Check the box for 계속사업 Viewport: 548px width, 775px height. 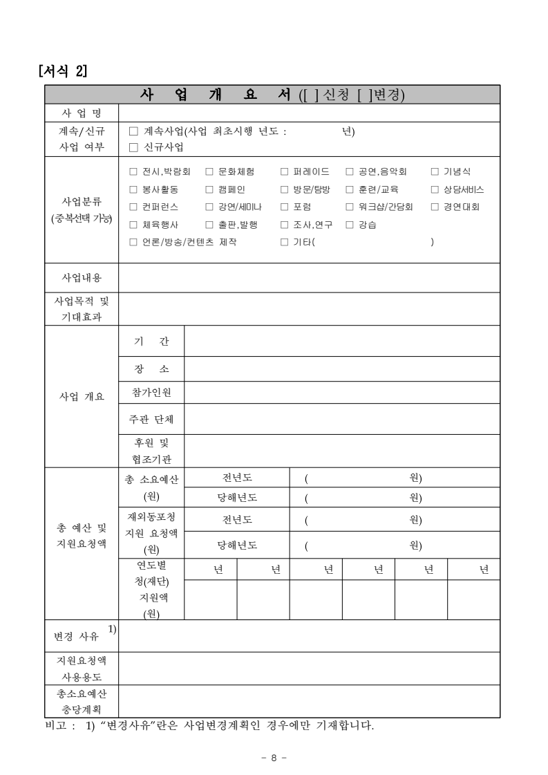tap(134, 131)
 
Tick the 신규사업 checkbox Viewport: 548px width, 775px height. tap(134, 147)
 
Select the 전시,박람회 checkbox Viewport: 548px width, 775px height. tap(134, 171)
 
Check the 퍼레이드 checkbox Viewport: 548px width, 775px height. tap(284, 171)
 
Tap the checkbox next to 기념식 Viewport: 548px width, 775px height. tap(435, 171)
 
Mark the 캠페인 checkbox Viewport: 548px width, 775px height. tap(209, 189)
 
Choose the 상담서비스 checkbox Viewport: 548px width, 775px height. tap(435, 189)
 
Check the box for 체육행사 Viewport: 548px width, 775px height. tap(134, 225)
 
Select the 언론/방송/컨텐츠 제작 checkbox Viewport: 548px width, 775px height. tap(134, 242)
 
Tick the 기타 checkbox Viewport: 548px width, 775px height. tap(284, 242)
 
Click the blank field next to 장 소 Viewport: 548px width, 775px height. tap(342, 369)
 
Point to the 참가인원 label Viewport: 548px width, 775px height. tap(152, 393)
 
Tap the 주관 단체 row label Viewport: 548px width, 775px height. tap(152, 419)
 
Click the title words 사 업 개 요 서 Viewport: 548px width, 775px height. tap(215, 95)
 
